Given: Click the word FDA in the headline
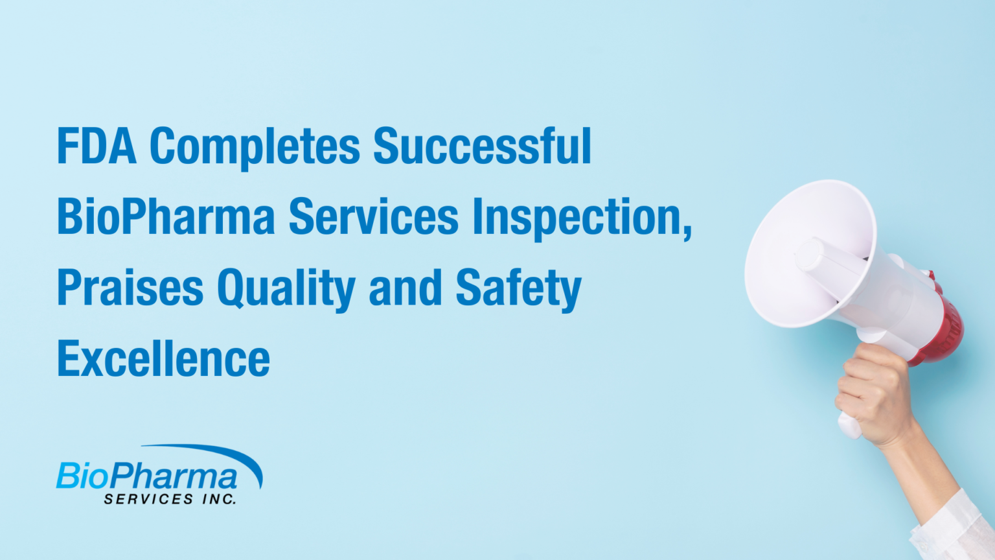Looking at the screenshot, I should (97, 146).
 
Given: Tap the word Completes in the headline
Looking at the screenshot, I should (255, 147).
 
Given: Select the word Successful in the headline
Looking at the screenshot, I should (482, 146).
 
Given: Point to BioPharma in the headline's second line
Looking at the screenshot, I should (166, 217).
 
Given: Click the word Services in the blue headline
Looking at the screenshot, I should (373, 217).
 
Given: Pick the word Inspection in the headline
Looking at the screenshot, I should (577, 217).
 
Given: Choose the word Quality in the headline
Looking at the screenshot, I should (286, 289).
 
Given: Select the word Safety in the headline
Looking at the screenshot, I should (518, 289).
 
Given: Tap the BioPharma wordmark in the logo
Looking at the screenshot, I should (147, 476).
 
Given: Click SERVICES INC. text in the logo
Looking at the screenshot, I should (170, 499).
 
